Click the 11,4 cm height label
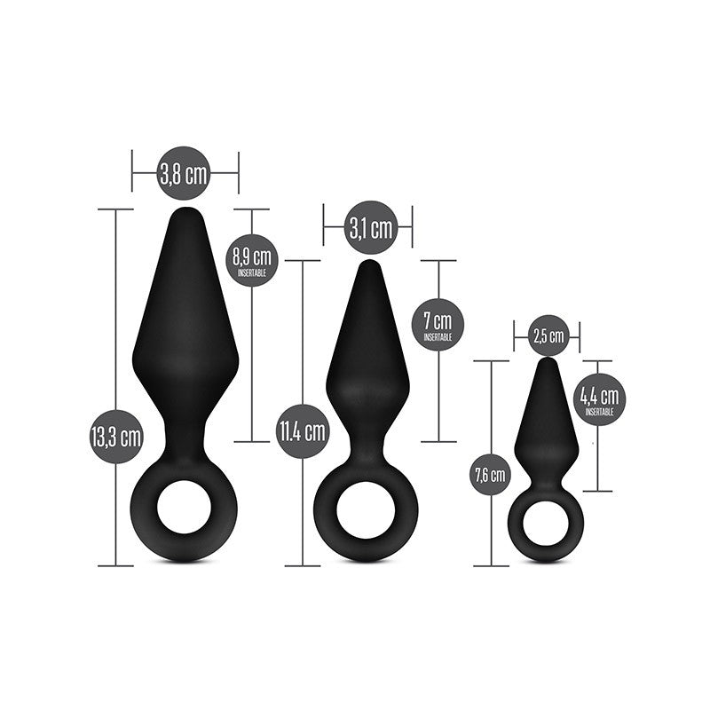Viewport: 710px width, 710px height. pos(302,432)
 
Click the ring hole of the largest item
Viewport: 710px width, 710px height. pos(185,507)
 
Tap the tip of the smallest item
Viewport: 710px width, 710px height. pos(548,362)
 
